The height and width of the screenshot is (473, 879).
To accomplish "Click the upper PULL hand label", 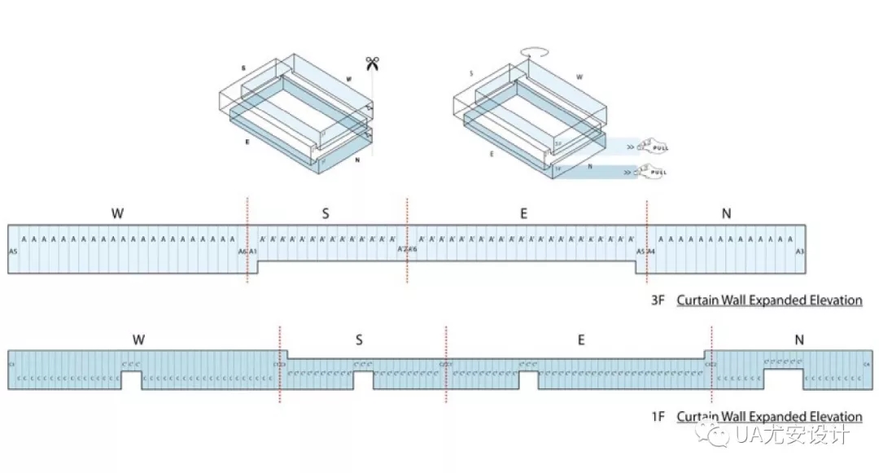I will (654, 147).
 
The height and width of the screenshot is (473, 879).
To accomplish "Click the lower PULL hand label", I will (654, 173).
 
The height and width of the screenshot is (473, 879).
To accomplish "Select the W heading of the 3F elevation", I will (117, 213).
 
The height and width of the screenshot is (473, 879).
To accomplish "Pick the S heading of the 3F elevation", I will (325, 213).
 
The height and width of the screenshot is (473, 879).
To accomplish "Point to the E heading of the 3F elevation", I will (523, 213).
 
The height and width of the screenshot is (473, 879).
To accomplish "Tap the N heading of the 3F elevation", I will (726, 213).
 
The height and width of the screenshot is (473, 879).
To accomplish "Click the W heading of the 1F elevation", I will (138, 339).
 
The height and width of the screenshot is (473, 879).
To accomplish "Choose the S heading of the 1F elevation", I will (359, 340).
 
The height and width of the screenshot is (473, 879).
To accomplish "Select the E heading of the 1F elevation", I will (580, 340).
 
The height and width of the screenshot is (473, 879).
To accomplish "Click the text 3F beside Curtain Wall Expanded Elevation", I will (658, 300).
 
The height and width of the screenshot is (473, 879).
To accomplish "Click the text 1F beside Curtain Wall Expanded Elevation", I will (658, 417).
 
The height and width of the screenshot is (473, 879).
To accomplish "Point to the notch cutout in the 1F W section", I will (131, 381).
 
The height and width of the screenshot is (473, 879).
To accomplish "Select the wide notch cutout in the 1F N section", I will (783, 379).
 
